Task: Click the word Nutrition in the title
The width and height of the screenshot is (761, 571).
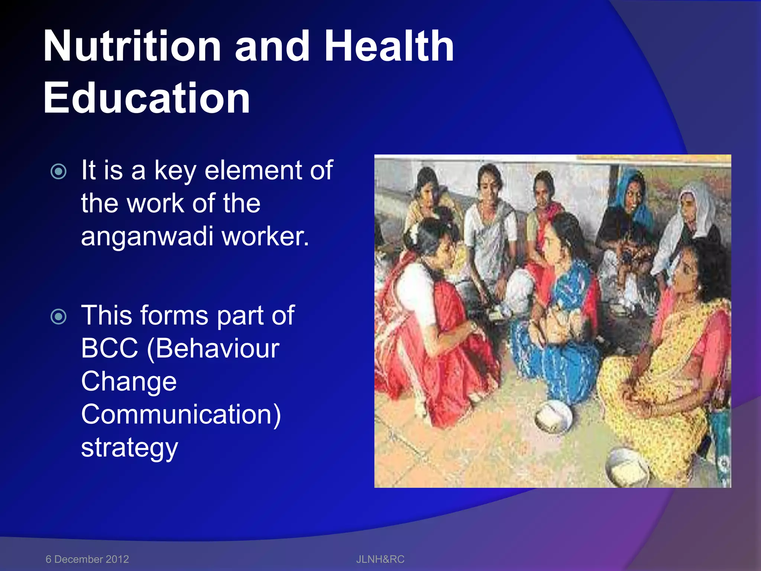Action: [132, 46]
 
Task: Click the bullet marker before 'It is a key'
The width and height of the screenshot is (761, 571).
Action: [59, 171]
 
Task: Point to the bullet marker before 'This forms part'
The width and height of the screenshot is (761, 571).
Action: [59, 316]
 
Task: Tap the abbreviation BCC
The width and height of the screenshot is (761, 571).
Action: [110, 348]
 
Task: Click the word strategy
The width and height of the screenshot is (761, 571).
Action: [130, 448]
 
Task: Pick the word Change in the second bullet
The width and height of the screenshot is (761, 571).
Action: [129, 381]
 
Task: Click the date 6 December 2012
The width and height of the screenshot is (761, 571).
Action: [87, 559]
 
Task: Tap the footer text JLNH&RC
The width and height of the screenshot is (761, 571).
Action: [380, 559]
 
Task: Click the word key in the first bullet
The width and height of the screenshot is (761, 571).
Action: [175, 171]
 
